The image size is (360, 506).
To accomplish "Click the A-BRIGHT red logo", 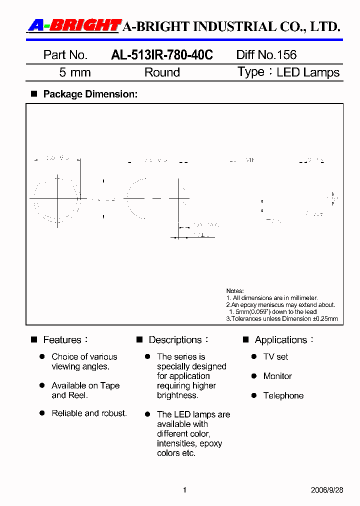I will pyautogui.click(x=74, y=25).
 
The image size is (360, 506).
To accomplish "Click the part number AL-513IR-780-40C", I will pyautogui.click(x=161, y=55).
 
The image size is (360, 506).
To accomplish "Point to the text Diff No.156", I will pyautogui.click(x=266, y=55).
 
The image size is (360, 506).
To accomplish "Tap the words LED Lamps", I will pyautogui.click(x=308, y=72).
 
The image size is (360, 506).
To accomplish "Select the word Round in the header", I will pyautogui.click(x=162, y=72).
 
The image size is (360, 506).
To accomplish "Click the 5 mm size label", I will pyautogui.click(x=75, y=72).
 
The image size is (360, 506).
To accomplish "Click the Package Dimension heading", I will pyautogui.click(x=90, y=94).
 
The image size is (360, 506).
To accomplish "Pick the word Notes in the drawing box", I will pyautogui.click(x=235, y=291).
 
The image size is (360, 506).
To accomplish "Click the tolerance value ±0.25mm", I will pyautogui.click(x=325, y=318).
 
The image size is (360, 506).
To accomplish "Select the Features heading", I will pyautogui.click(x=62, y=340).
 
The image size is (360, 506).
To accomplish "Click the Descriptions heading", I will pyautogui.click(x=175, y=340).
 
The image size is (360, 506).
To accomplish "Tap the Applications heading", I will pyautogui.click(x=280, y=340).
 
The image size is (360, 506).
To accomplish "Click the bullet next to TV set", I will pyautogui.click(x=254, y=356).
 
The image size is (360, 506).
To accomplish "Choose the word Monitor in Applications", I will pyautogui.click(x=277, y=376).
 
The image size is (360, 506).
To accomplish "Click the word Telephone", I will pyautogui.click(x=283, y=395).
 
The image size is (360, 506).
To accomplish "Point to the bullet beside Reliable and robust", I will pyautogui.click(x=42, y=413).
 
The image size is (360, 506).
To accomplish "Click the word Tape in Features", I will pyautogui.click(x=110, y=385).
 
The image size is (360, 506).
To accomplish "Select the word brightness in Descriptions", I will pyautogui.click(x=177, y=395).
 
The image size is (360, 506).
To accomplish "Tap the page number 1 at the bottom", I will pyautogui.click(x=184, y=490).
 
